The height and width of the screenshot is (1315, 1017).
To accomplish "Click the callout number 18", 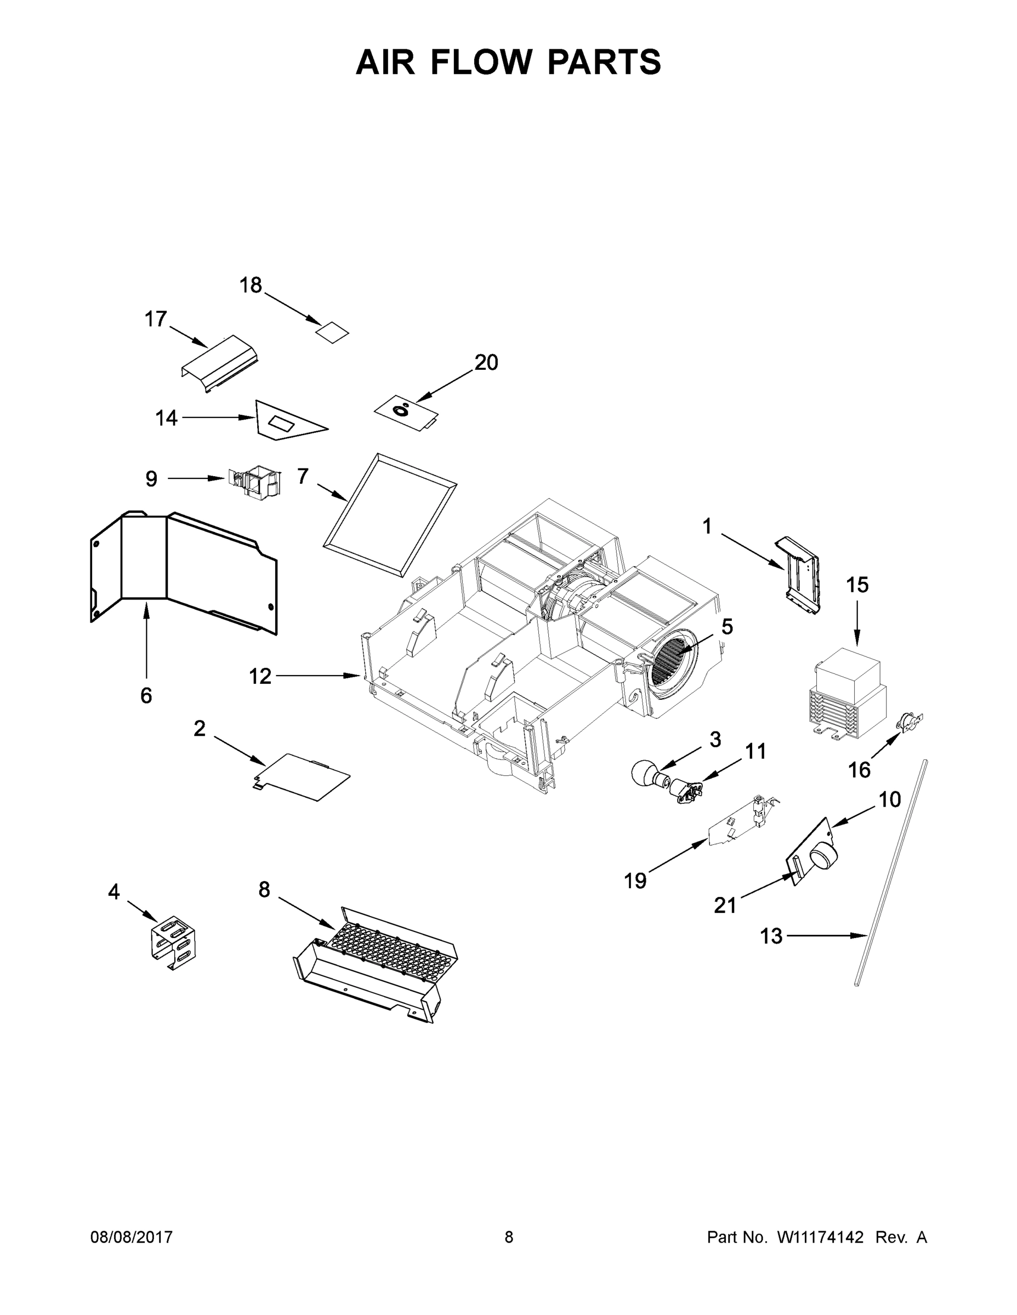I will point(251,285).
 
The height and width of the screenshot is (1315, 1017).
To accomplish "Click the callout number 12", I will point(260,676).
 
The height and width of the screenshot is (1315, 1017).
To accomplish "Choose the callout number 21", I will point(725,905).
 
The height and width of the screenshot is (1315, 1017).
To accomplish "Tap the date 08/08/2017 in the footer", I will point(132,1237).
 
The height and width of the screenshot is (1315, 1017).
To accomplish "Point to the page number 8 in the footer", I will point(509,1237).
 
